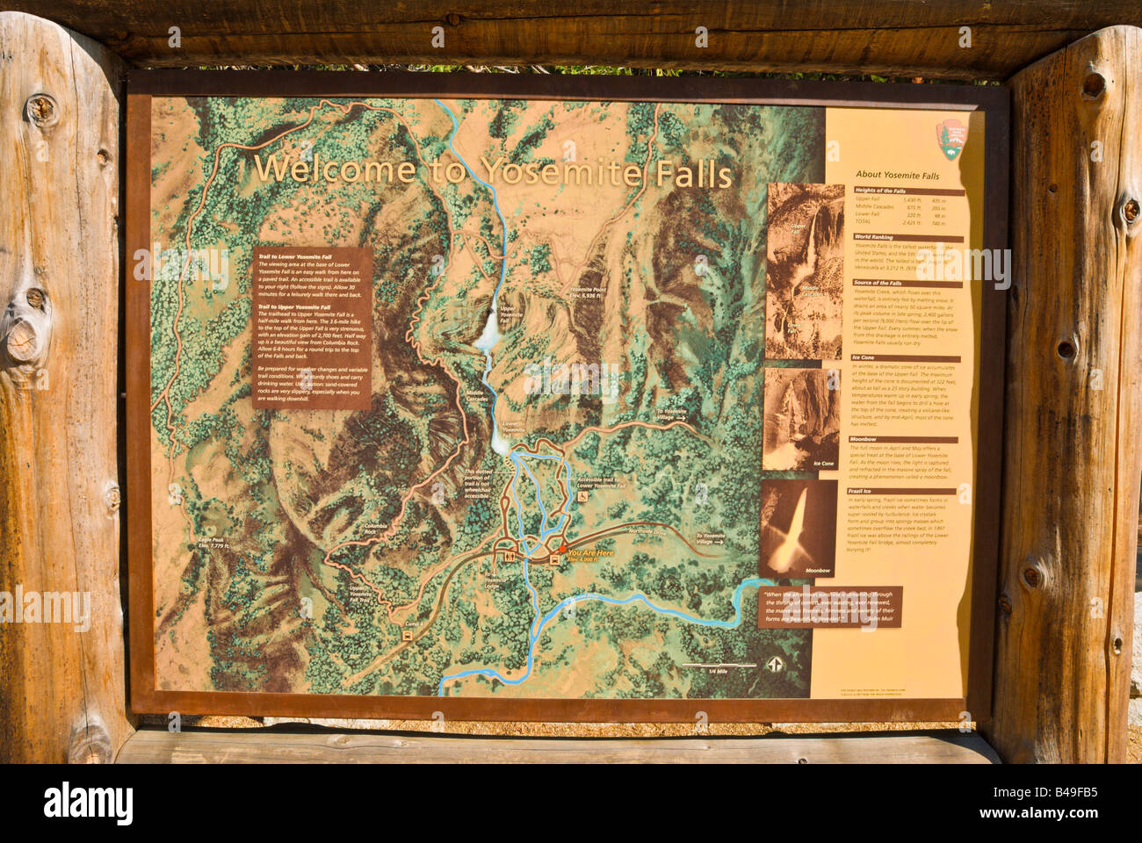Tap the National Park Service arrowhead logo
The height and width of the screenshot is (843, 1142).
950,138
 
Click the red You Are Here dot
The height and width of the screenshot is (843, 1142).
562,551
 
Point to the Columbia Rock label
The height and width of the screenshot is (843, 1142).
375,529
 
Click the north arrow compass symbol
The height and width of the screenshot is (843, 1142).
775,665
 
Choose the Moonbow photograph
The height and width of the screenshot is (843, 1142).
798,528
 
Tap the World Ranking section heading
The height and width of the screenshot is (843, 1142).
876,237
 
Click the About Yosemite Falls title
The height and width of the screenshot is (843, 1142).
897,176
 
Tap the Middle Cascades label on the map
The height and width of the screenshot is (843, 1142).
477,396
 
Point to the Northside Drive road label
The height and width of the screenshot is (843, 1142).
648,530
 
